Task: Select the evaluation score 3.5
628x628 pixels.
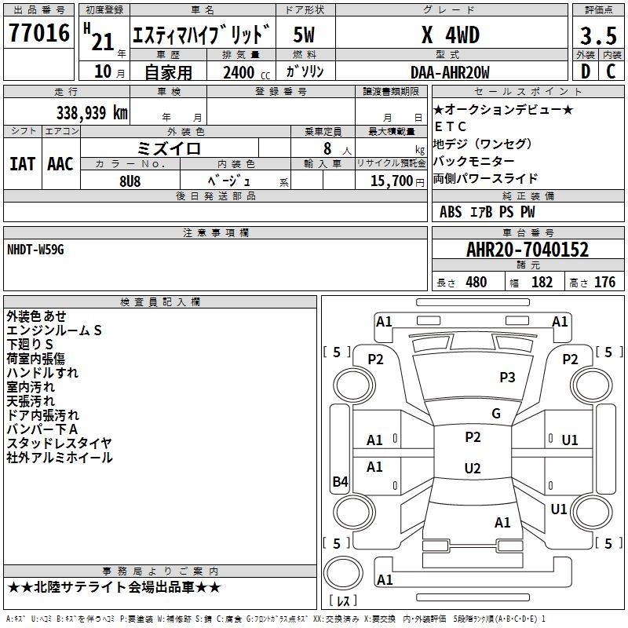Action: click(x=597, y=36)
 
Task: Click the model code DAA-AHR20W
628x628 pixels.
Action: click(x=450, y=72)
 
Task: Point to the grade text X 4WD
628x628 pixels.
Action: click(x=450, y=35)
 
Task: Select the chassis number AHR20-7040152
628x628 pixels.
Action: click(x=528, y=250)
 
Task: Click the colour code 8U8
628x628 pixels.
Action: click(x=130, y=180)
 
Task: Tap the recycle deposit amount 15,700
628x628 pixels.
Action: click(x=386, y=181)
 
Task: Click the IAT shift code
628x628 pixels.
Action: click(x=22, y=163)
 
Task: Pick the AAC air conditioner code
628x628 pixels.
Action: click(x=60, y=163)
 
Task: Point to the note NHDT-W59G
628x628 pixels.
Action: click(x=35, y=249)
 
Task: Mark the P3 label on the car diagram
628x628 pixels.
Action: click(x=507, y=378)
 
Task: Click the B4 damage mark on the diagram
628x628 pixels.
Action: click(x=340, y=482)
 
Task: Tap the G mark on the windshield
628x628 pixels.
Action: click(x=496, y=414)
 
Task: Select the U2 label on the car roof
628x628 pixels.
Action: click(x=473, y=469)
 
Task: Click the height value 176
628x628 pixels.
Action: click(x=604, y=283)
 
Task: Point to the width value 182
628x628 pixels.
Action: click(x=542, y=283)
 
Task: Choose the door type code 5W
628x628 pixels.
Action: click(x=305, y=35)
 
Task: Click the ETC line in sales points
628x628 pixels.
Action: click(x=451, y=126)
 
